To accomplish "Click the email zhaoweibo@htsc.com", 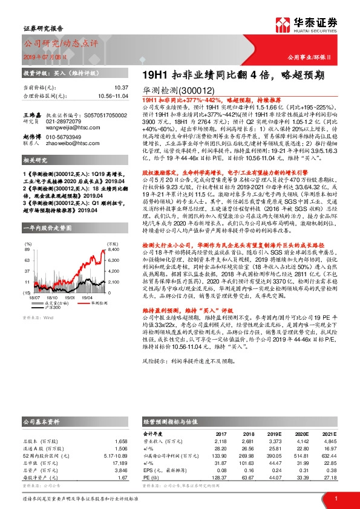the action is tap(74, 144).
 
